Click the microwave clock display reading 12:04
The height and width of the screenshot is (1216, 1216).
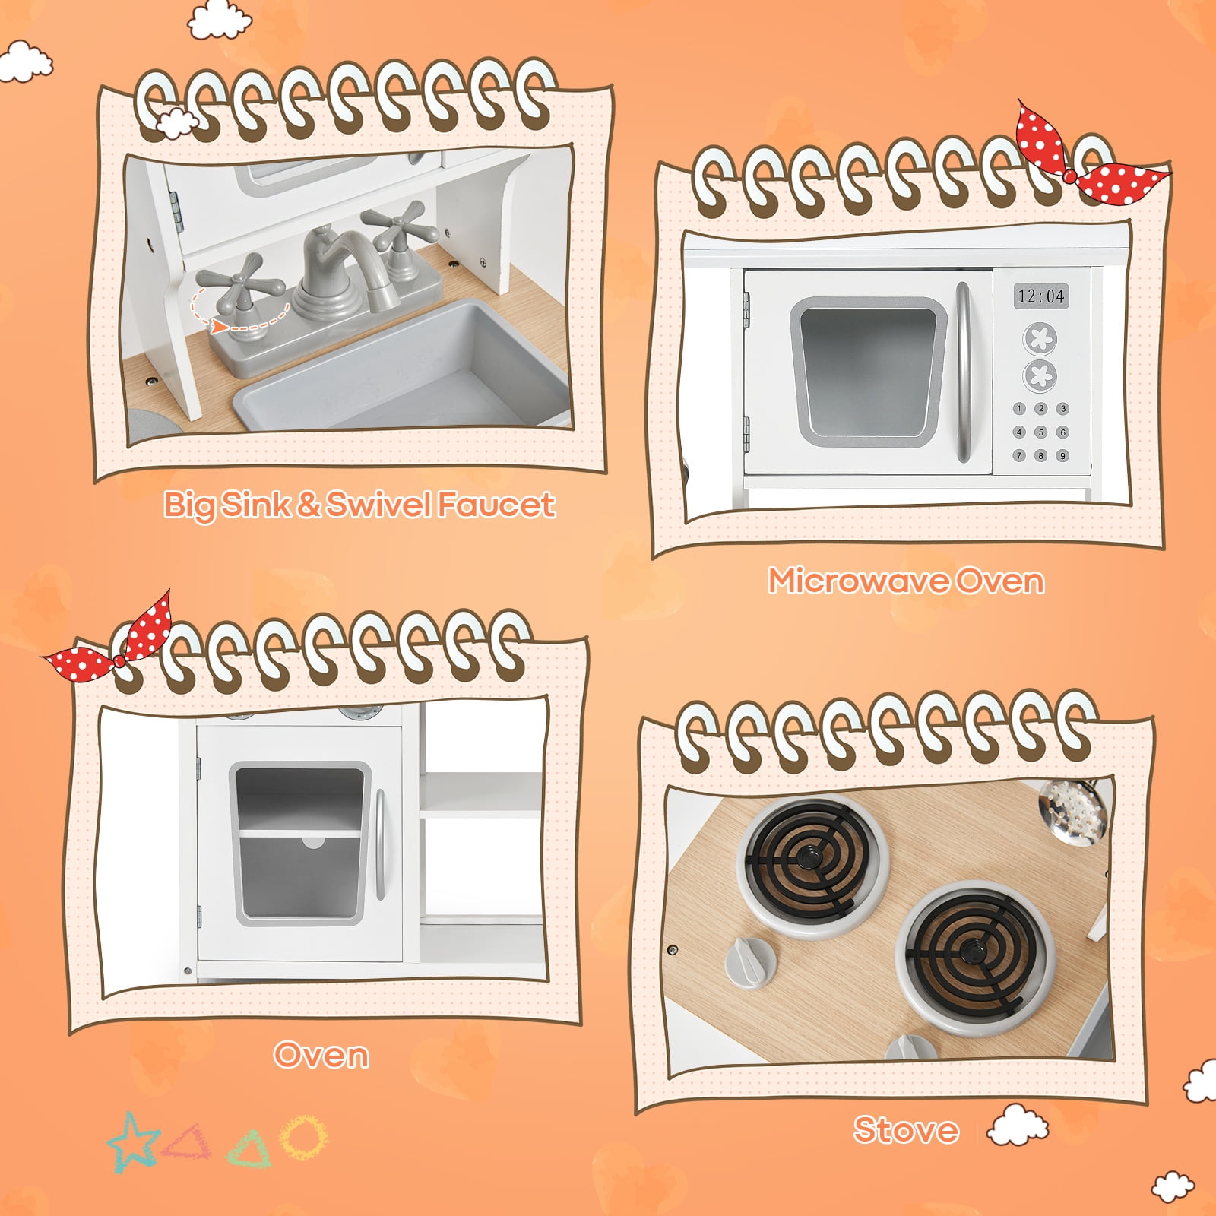pyautogui.click(x=1040, y=296)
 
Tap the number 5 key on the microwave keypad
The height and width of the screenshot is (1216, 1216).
pyautogui.click(x=1041, y=432)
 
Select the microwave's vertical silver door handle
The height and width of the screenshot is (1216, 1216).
pyautogui.click(x=963, y=372)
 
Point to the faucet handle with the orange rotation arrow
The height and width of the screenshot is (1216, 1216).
pyautogui.click(x=242, y=285)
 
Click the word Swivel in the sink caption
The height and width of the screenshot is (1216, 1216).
pyautogui.click(x=381, y=505)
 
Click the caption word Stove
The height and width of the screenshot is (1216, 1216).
pyautogui.click(x=905, y=1130)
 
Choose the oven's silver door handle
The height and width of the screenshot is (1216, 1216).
pyautogui.click(x=379, y=844)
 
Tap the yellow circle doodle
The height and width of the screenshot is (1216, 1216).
pyautogui.click(x=303, y=1137)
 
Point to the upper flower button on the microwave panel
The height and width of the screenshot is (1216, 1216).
pyautogui.click(x=1040, y=339)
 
